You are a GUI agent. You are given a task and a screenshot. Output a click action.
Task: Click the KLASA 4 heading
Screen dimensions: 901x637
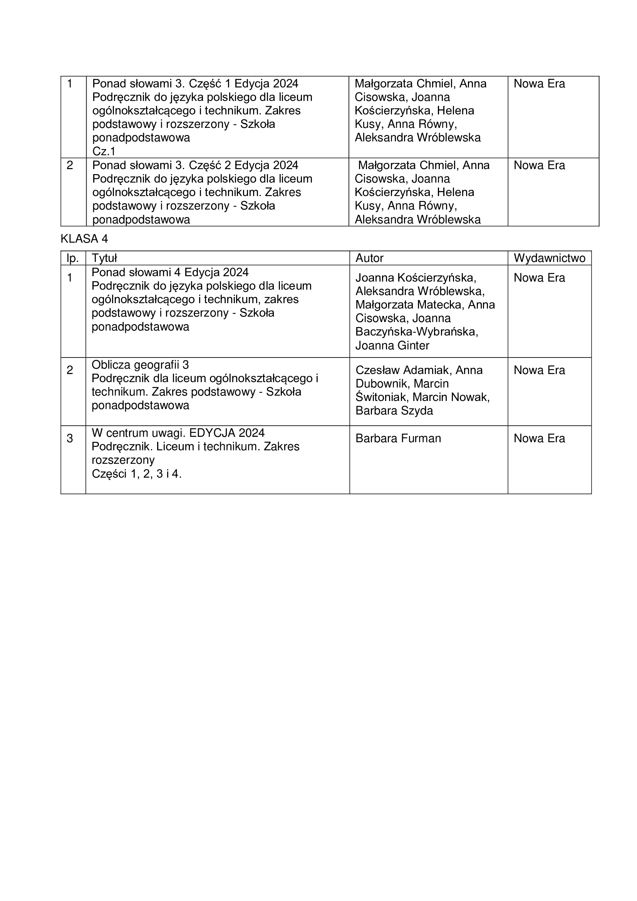pyautogui.click(x=84, y=238)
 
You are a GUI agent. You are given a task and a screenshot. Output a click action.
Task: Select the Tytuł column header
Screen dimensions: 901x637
pyautogui.click(x=104, y=258)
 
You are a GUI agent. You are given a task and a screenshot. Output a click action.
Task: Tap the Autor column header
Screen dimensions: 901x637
pyautogui.click(x=369, y=258)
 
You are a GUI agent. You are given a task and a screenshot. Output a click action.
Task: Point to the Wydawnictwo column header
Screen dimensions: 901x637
pyautogui.click(x=549, y=258)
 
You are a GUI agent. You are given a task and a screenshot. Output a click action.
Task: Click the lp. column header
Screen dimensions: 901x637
pyautogui.click(x=72, y=258)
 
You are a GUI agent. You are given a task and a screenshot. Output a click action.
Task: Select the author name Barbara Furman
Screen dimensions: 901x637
pyautogui.click(x=398, y=438)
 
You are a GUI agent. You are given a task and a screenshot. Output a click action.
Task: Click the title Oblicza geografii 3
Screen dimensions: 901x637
pyautogui.click(x=140, y=365)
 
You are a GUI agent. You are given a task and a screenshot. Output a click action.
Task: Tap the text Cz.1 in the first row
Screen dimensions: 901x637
pyautogui.click(x=104, y=151)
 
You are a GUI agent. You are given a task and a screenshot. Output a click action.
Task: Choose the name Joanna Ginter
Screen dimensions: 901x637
pyautogui.click(x=392, y=345)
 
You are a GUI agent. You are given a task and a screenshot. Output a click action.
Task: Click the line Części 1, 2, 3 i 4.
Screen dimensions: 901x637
pyautogui.click(x=136, y=474)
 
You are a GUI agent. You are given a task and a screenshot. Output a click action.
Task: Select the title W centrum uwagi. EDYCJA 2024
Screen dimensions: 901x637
pyautogui.click(x=178, y=433)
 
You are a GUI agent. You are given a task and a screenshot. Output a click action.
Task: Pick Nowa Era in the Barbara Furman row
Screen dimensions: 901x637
pyautogui.click(x=539, y=438)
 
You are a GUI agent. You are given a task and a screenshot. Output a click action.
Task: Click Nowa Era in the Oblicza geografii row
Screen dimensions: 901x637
pyautogui.click(x=539, y=370)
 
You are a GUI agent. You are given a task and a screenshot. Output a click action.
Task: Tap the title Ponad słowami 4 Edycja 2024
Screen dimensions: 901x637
pyautogui.click(x=170, y=272)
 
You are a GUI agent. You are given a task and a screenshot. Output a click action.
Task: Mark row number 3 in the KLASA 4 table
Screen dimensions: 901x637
pyautogui.click(x=70, y=438)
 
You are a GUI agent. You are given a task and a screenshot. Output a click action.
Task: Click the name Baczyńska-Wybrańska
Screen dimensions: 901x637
pyautogui.click(x=417, y=332)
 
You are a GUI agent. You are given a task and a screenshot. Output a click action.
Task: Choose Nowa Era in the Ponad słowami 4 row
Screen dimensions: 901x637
pyautogui.click(x=539, y=278)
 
